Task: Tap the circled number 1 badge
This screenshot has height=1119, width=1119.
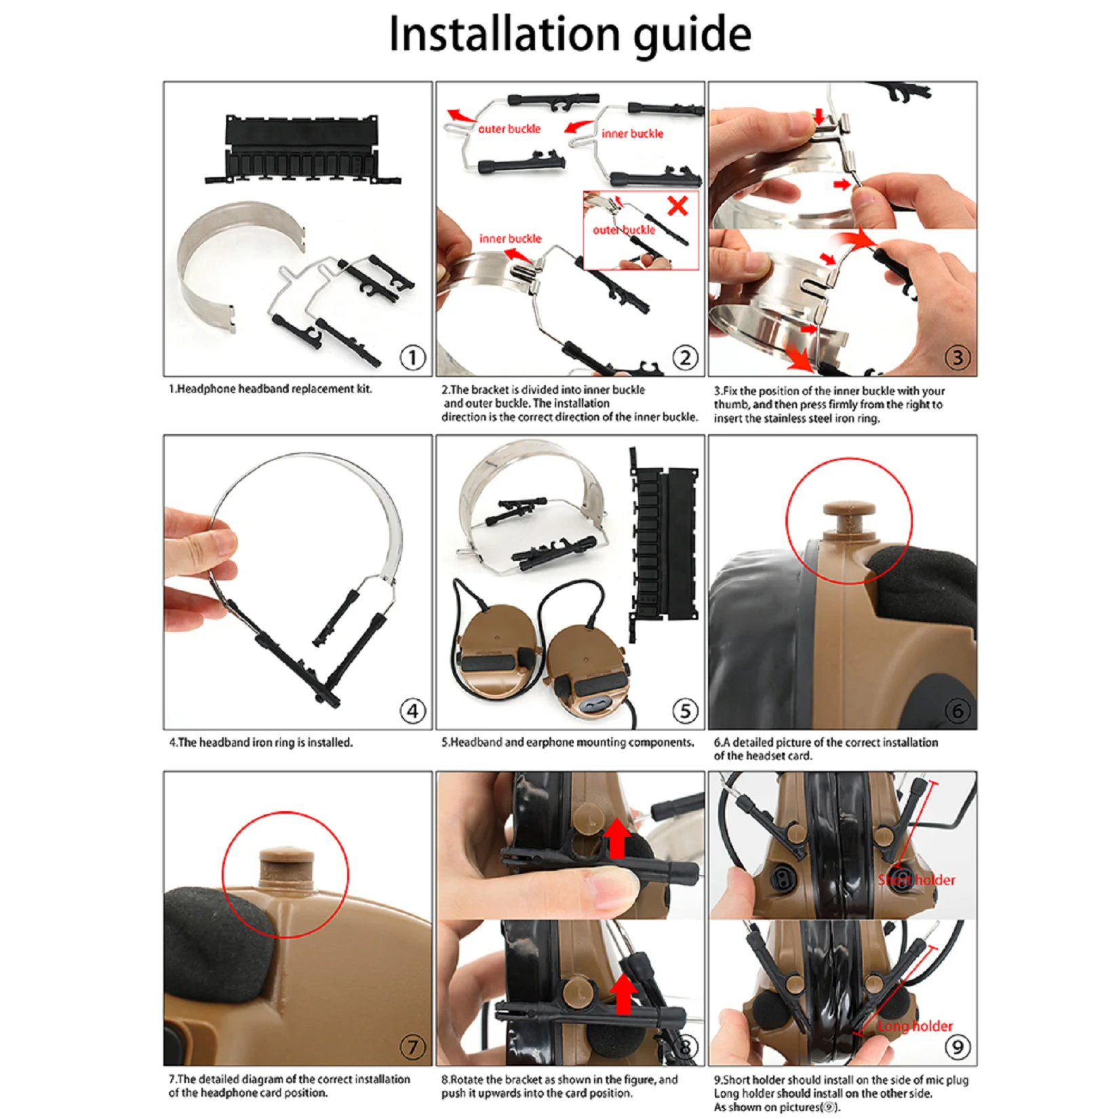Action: pos(412,357)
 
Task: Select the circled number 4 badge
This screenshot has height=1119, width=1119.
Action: pos(412,711)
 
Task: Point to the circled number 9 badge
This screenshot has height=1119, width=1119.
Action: pos(957,1047)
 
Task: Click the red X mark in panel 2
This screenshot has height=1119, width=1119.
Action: pos(678,205)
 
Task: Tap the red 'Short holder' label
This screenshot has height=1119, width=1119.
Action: pos(916,880)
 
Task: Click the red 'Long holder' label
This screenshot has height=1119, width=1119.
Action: pos(915,1026)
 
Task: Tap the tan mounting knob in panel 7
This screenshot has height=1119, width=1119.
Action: pos(287,869)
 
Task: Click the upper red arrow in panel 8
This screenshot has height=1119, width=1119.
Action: pos(617,838)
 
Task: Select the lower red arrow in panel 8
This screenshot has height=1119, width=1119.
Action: pos(623,994)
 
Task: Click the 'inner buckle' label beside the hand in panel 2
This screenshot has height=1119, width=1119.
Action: pos(510,239)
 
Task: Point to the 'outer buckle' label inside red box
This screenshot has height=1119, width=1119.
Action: pos(623,230)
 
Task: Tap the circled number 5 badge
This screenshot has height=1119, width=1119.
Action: pos(684,711)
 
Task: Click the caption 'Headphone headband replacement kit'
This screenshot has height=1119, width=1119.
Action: pos(271,389)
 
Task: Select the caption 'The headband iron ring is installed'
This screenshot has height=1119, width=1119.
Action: pos(261,743)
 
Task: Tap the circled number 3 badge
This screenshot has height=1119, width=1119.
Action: pos(957,357)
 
